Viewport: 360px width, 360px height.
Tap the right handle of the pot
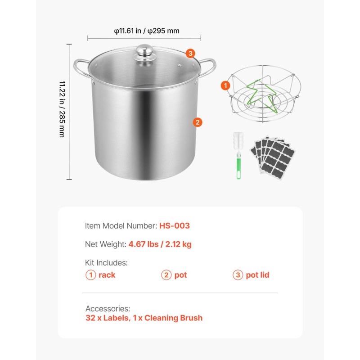click(207, 68)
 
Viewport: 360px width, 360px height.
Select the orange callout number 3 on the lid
click(190, 54)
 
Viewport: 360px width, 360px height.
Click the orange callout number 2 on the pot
click(198, 122)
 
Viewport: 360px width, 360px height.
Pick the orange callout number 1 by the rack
click(225, 85)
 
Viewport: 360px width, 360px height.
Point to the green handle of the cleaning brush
click(238, 165)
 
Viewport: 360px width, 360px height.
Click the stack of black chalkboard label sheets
click(273, 157)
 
